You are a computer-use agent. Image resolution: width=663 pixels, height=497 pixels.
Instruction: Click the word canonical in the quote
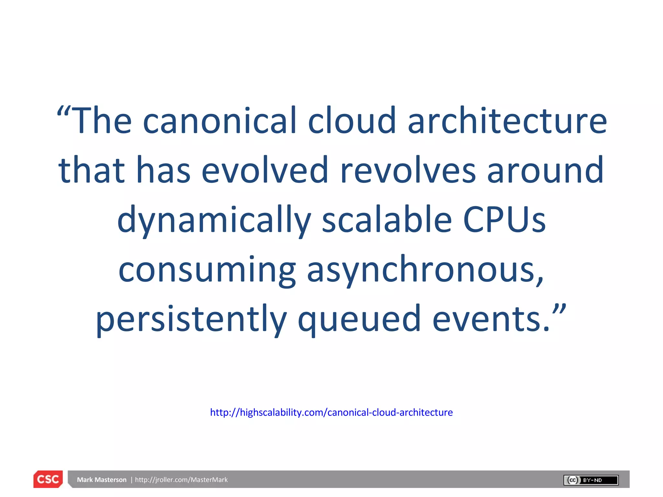[219, 121]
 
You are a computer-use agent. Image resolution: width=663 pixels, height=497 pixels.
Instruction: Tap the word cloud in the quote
[352, 121]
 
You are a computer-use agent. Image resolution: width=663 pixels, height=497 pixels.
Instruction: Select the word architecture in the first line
[507, 121]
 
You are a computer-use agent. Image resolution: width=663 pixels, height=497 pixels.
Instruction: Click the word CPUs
[504, 220]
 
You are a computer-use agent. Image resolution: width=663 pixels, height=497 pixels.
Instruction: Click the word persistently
[191, 320]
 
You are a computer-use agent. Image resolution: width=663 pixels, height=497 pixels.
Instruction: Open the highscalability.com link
[331, 413]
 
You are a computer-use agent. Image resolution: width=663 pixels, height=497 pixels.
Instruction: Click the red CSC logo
[48, 479]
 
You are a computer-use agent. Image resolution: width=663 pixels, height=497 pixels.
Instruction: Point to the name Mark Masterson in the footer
[102, 480]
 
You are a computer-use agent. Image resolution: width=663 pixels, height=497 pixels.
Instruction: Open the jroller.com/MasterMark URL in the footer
[181, 480]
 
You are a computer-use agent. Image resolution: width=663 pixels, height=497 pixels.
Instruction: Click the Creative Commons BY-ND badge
[591, 480]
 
